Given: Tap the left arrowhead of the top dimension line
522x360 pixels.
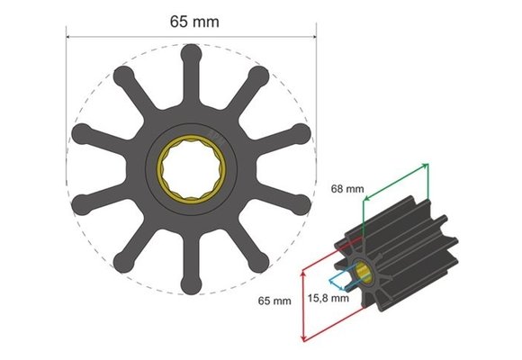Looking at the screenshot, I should tap(69, 38).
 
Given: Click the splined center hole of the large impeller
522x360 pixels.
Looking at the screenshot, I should tap(192, 168).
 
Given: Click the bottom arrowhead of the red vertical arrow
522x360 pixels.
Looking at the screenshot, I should tap(303, 338).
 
